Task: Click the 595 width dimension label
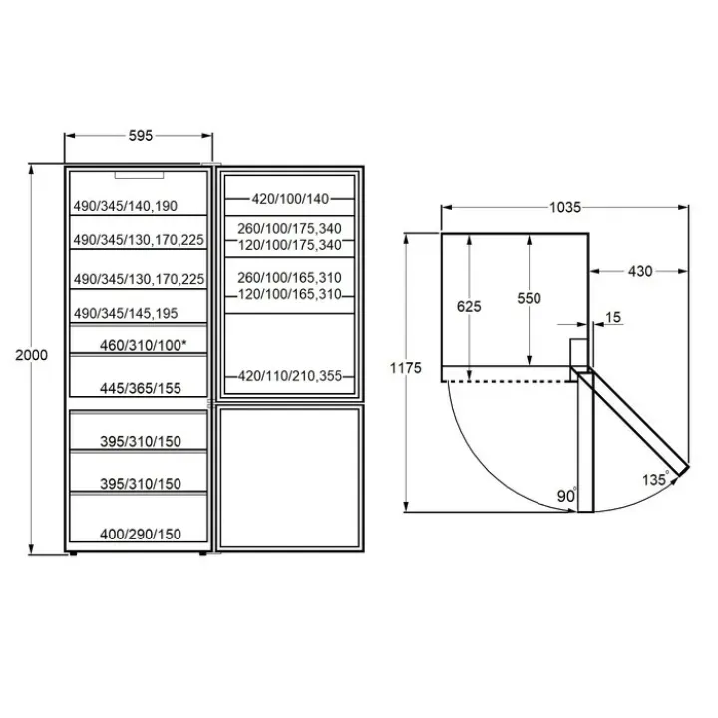(141, 136)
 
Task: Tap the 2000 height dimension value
(31, 355)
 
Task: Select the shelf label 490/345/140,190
(126, 206)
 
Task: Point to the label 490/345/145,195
(126, 314)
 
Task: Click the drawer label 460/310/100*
(143, 345)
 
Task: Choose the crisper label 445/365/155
(141, 388)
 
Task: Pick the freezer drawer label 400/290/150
(141, 534)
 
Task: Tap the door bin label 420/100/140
(290, 199)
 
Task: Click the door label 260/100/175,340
(289, 228)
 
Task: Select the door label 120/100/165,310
(290, 294)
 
